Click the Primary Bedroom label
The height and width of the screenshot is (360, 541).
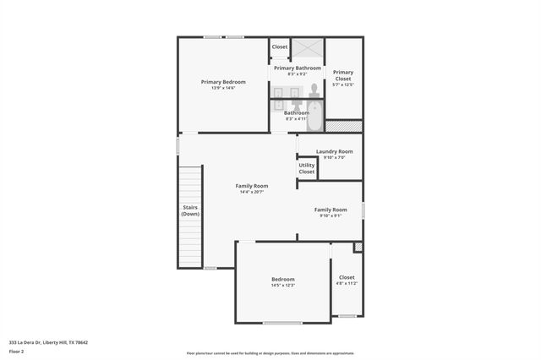223,82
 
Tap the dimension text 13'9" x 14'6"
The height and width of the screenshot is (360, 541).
223,88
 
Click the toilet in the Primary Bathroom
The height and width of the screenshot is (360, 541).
314,90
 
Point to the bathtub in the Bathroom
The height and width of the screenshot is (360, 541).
314,116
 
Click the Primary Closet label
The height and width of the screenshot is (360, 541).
343,74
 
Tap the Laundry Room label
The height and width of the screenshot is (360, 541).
335,151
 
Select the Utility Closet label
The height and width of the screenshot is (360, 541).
306,168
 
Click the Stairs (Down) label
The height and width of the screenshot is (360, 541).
190,210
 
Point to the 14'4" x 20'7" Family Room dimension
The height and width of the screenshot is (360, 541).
252,192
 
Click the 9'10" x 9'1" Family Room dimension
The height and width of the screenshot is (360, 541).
331,215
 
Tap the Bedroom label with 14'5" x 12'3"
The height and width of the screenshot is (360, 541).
283,279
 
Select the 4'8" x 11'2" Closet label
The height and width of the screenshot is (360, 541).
347,277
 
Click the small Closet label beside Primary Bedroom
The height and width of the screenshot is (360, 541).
279,47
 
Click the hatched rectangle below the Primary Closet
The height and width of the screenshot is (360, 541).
344,126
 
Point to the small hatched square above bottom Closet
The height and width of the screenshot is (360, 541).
358,247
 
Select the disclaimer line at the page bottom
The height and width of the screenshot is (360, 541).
270,353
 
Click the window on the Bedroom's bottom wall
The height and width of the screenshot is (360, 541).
282,323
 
